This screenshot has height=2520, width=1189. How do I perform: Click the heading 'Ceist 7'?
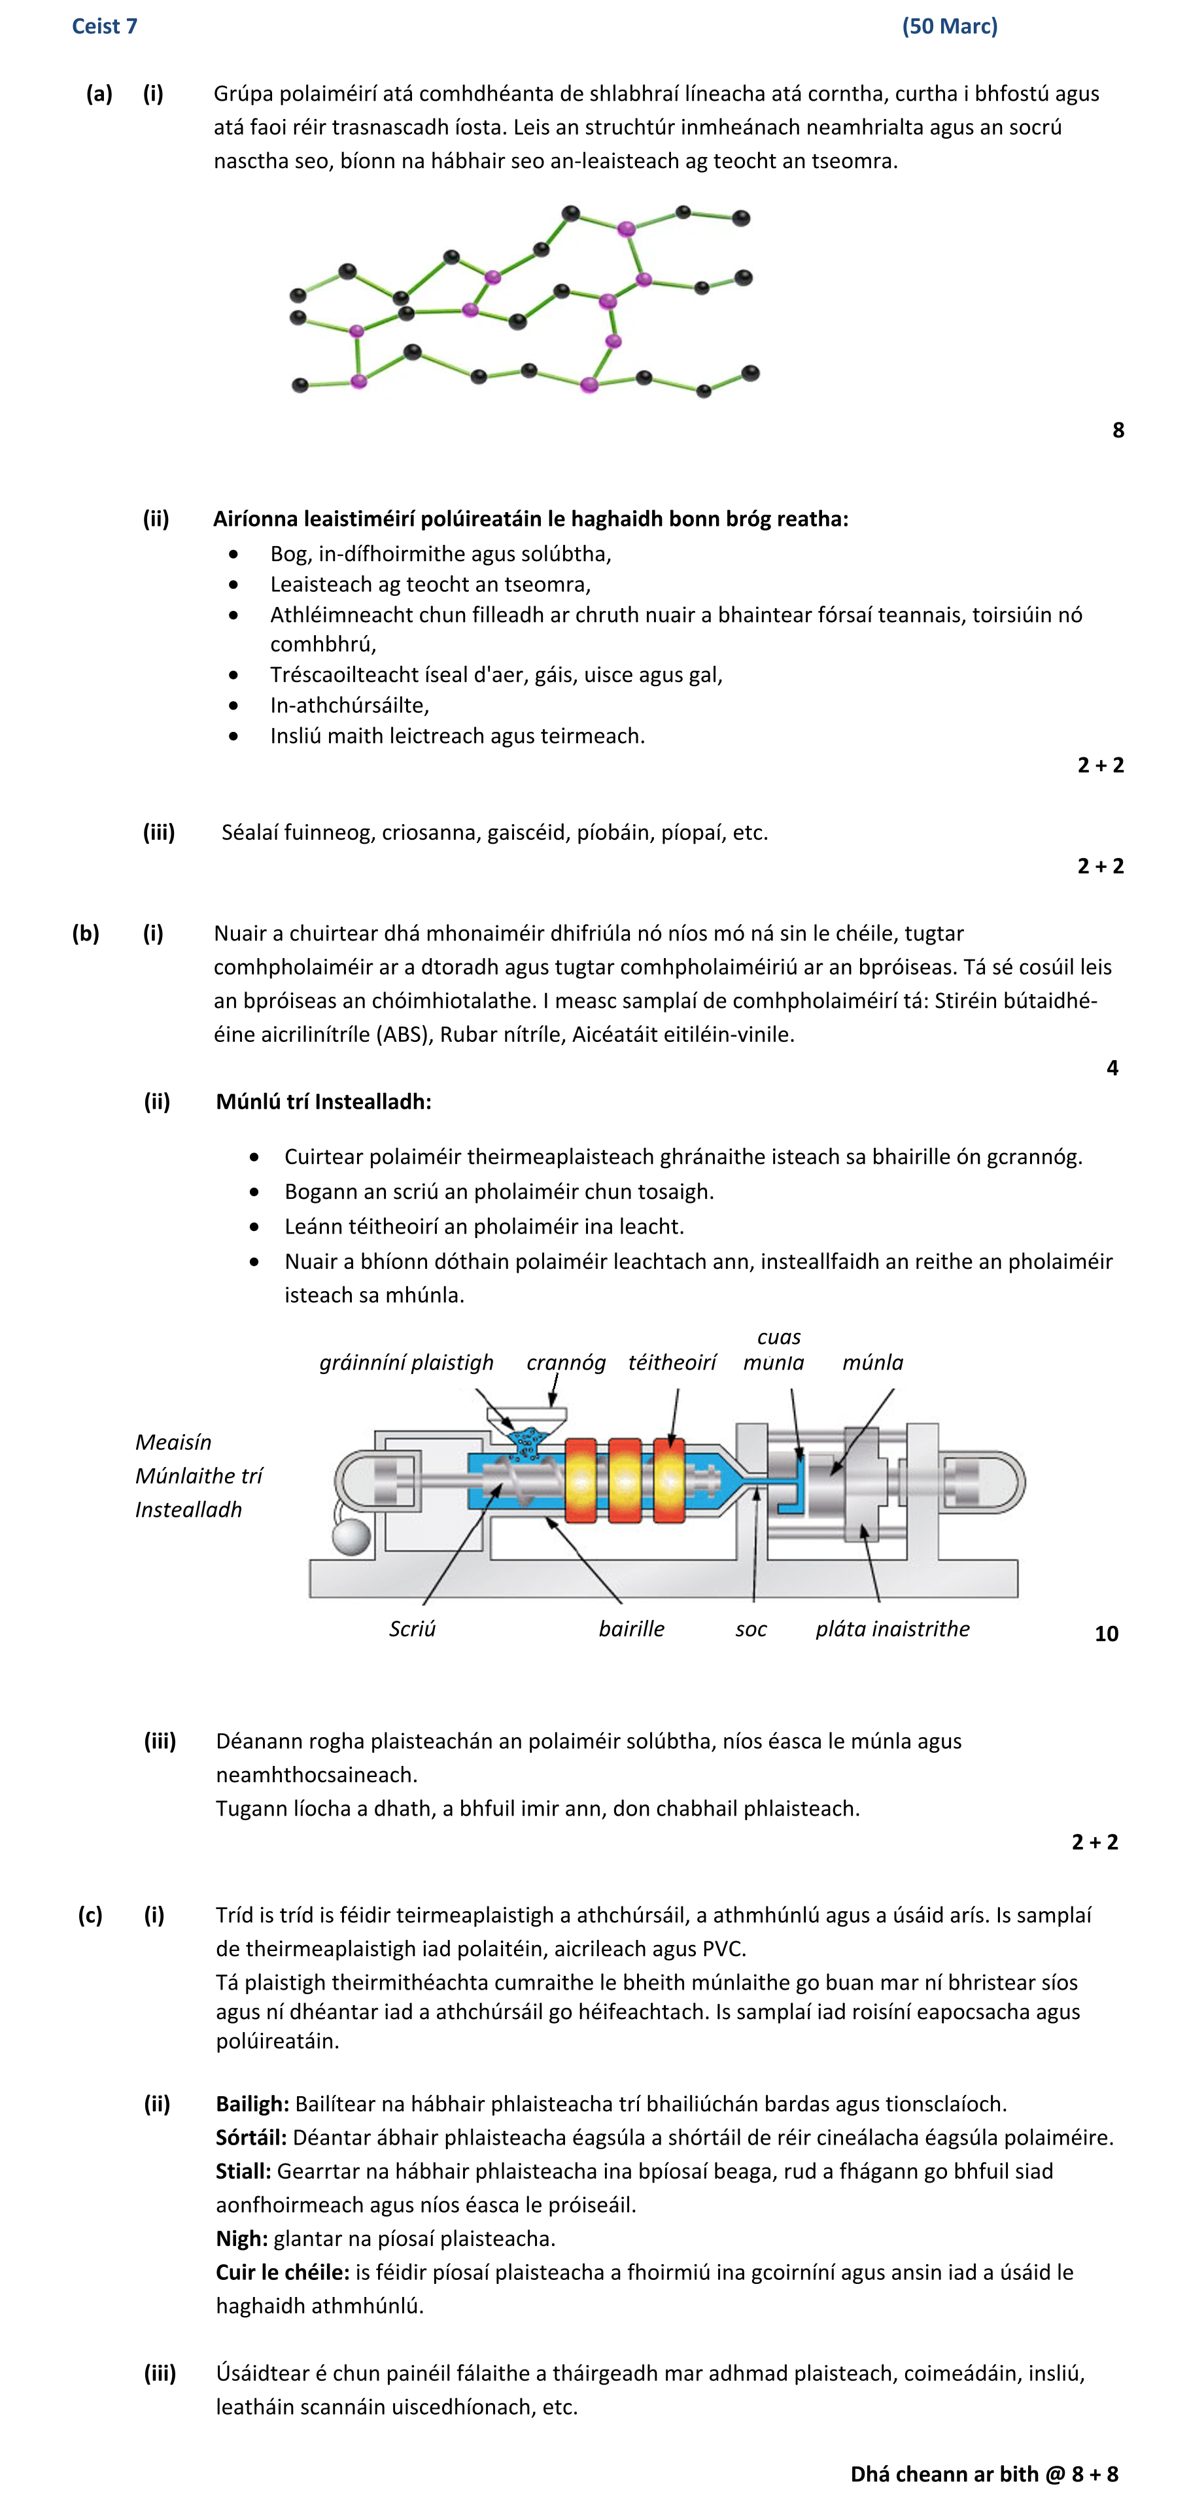(104, 26)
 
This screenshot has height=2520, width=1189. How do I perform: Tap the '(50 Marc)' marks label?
(948, 26)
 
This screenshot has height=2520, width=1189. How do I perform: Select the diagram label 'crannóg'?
(566, 1363)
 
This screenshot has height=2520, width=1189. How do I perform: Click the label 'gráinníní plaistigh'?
(406, 1363)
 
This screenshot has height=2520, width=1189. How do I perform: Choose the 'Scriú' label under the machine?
(412, 1629)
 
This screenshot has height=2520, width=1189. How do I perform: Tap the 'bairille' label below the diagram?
(631, 1629)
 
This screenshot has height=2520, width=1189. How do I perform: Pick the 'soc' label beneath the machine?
(751, 1629)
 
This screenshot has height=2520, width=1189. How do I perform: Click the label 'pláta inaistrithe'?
(893, 1629)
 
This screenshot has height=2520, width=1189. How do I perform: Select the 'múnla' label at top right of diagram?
(873, 1363)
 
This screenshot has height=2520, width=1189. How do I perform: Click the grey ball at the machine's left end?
(351, 1536)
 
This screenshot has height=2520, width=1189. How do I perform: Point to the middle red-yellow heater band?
(625, 1480)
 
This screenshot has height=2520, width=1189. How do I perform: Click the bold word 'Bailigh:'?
(252, 2104)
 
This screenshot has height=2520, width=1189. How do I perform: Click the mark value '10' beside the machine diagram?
(1106, 1634)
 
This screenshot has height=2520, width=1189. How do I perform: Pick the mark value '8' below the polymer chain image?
(1118, 430)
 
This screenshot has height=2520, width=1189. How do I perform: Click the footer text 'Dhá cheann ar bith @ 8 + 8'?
(984, 2475)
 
